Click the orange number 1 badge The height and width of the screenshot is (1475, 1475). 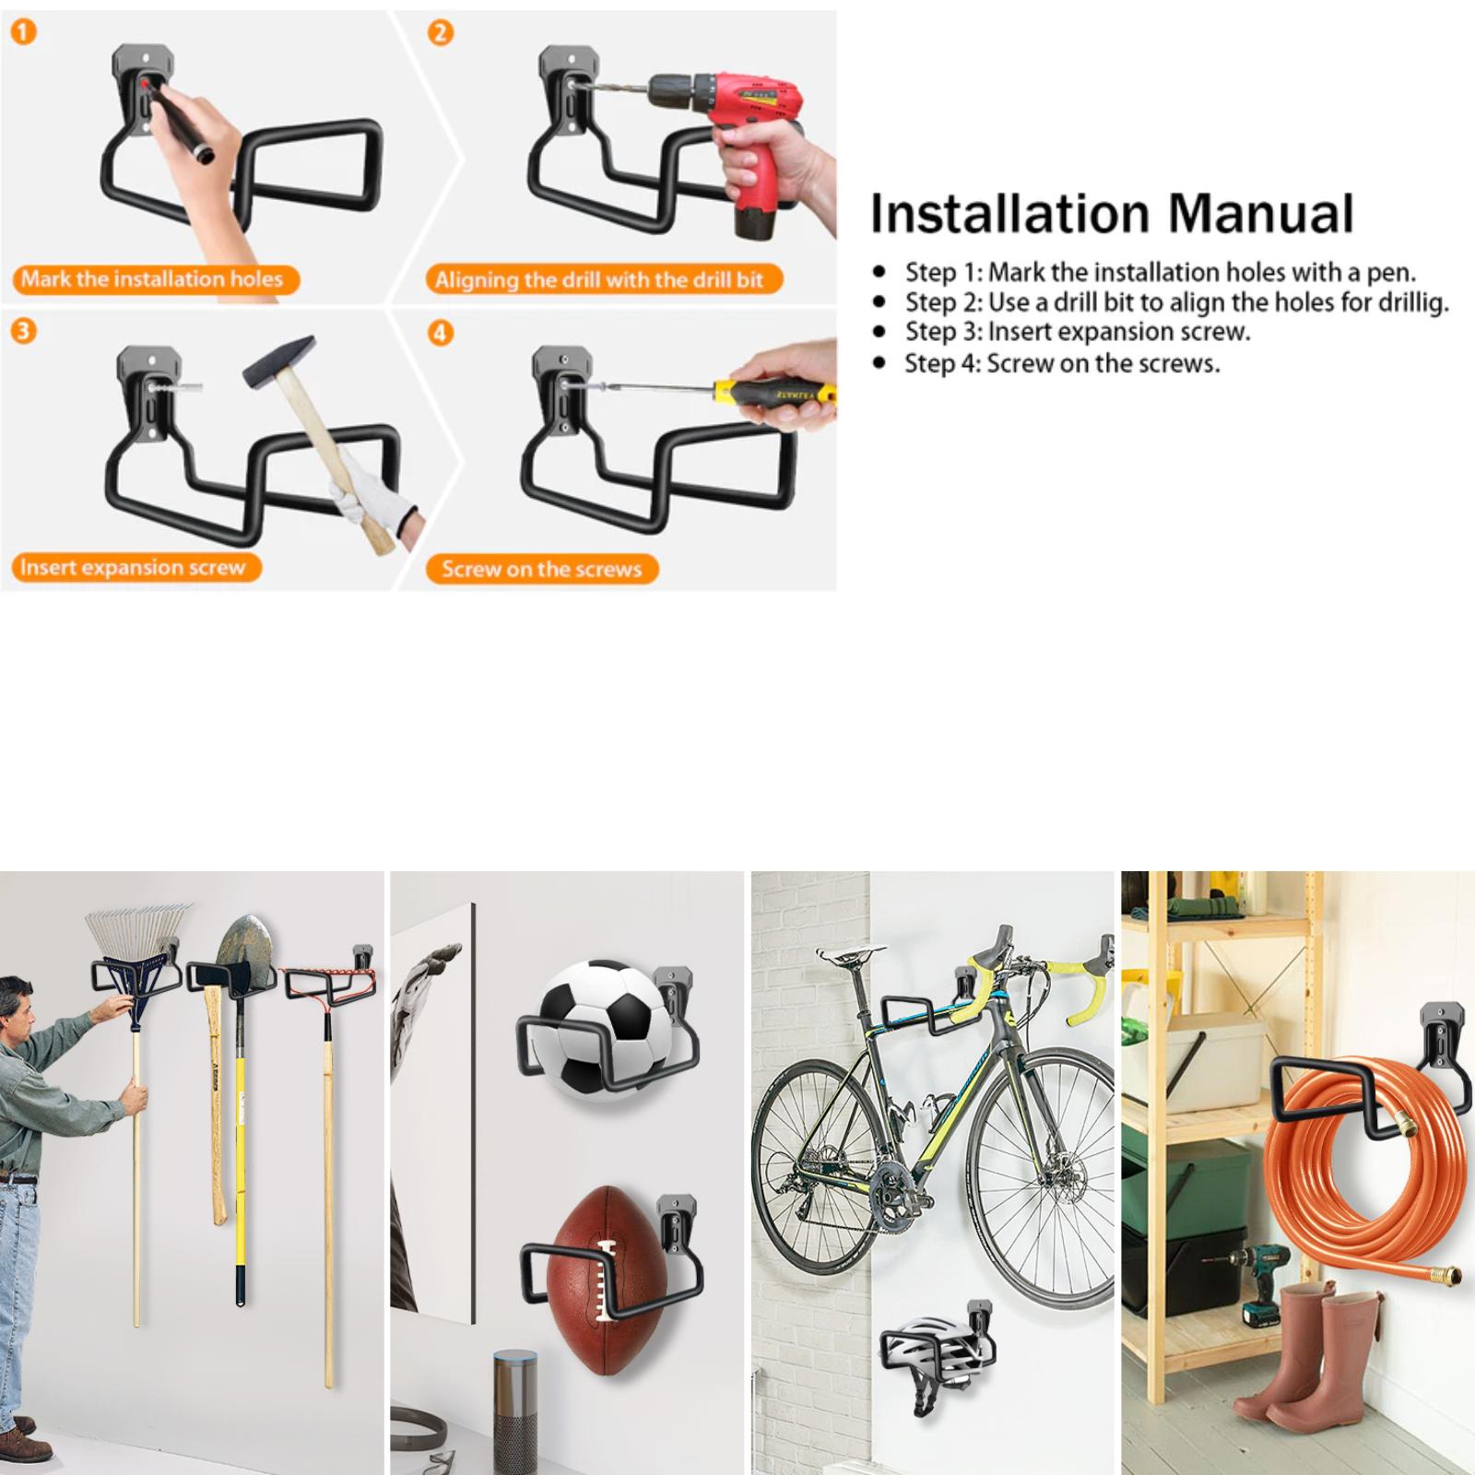point(23,33)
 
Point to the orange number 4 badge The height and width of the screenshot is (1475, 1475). point(441,332)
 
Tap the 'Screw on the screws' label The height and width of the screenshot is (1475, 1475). point(541,569)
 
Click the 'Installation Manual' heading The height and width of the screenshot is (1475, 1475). point(1112,214)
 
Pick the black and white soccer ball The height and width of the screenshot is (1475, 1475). point(605,1029)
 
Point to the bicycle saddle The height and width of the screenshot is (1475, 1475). point(844,955)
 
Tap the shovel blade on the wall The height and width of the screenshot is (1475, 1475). point(245,954)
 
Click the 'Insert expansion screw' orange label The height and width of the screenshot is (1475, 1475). point(135,567)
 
